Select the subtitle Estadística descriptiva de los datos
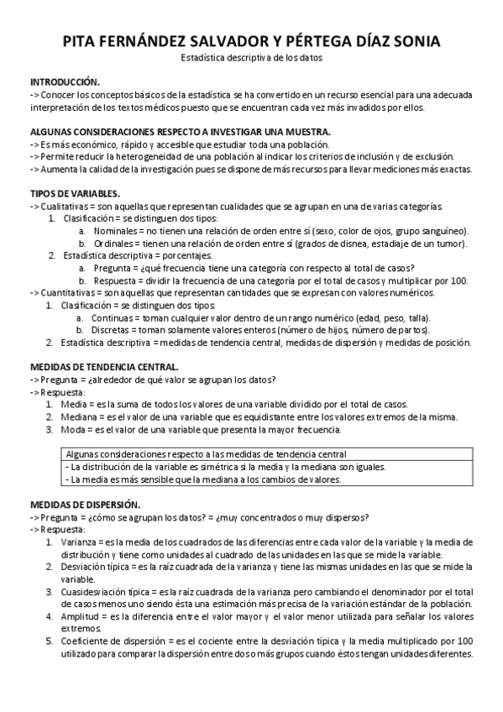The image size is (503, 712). (x=251, y=58)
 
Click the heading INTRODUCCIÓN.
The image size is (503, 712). (x=65, y=82)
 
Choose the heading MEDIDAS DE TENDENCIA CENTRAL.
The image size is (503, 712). (x=104, y=367)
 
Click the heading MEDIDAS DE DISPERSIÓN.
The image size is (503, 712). (x=85, y=505)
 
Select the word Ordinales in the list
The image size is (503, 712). (x=113, y=243)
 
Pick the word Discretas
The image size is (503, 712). (x=112, y=330)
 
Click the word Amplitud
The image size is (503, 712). (x=78, y=616)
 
